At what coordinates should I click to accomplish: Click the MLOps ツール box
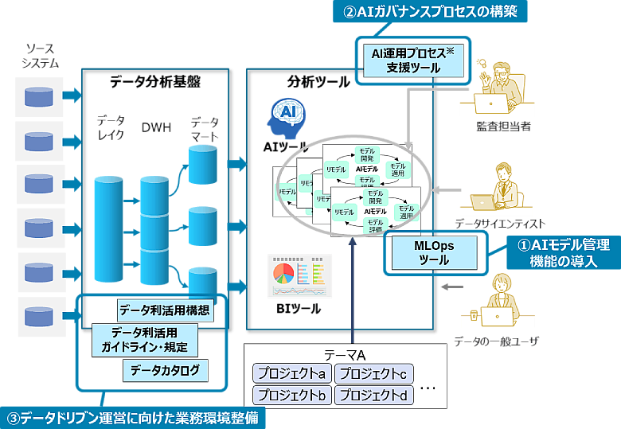[433, 252]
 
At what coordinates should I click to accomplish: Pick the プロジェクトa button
[291, 373]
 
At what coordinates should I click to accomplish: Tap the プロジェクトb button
[291, 395]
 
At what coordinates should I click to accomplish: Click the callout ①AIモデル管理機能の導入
[563, 252]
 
